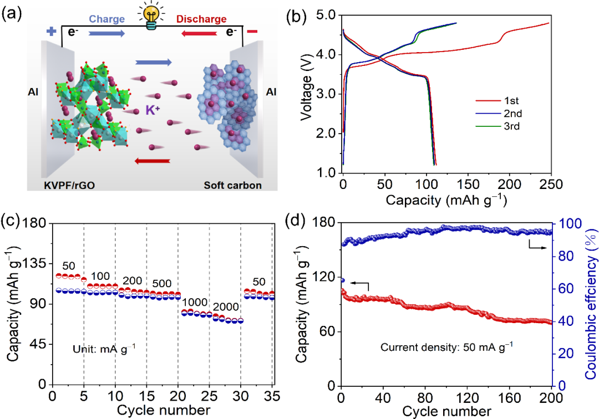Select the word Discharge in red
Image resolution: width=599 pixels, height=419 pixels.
[x=202, y=19]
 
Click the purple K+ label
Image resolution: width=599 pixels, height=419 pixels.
[x=154, y=110]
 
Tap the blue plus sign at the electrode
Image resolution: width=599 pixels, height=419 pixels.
[x=52, y=32]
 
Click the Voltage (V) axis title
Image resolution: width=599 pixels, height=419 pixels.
[x=305, y=94]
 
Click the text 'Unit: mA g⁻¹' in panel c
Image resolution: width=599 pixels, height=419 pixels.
[x=104, y=349]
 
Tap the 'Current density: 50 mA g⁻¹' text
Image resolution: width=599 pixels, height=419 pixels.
[x=447, y=348]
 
